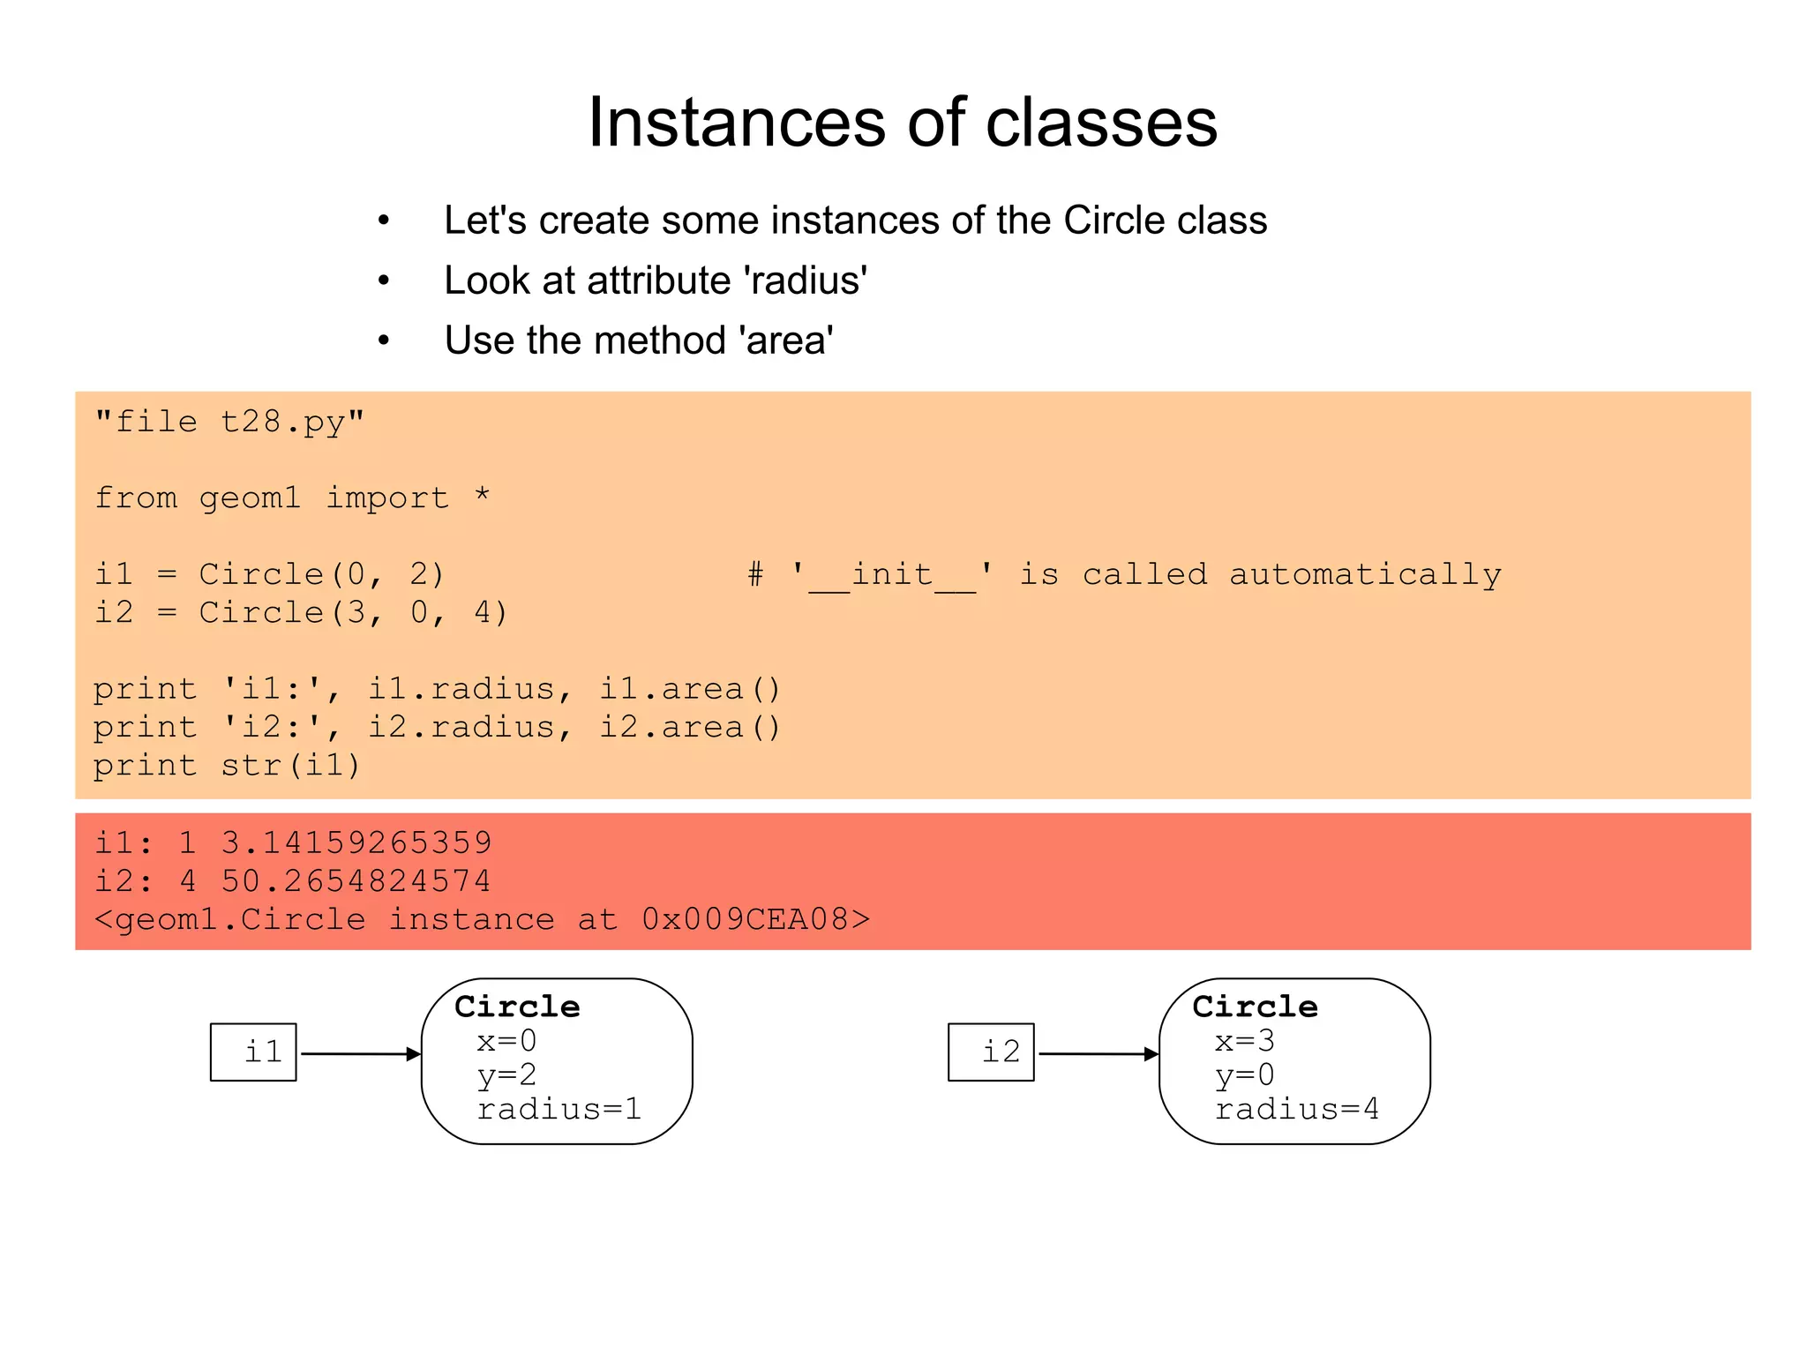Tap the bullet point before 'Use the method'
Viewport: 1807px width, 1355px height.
click(384, 341)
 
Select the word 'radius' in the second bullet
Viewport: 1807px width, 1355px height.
click(806, 281)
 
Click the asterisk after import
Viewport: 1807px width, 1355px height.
click(482, 496)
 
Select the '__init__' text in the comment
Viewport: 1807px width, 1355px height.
click(892, 574)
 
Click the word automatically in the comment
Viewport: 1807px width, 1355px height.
click(1365, 574)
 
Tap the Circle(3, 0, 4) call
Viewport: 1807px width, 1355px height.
click(353, 612)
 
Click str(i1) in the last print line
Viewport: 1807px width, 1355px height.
click(290, 765)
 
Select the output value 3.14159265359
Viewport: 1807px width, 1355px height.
click(356, 842)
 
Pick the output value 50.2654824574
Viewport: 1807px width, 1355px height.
click(356, 880)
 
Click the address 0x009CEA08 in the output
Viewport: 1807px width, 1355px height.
click(745, 919)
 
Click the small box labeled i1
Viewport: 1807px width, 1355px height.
click(253, 1052)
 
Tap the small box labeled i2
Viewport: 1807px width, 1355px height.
click(991, 1052)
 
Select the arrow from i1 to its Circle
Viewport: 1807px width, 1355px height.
click(359, 1053)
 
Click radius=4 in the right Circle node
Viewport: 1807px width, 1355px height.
click(1296, 1109)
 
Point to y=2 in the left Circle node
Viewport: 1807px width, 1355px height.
click(506, 1075)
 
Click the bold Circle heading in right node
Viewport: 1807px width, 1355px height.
click(1255, 1007)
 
